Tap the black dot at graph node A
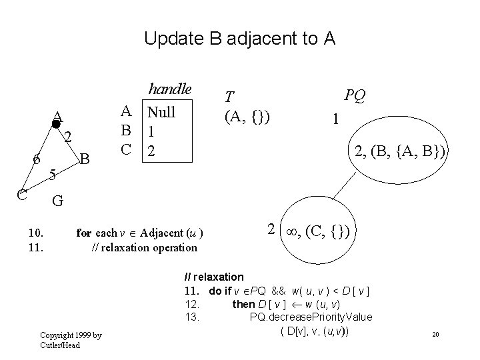point(57,123)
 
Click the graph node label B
point(84,159)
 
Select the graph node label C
point(22,194)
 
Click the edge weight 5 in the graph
point(53,175)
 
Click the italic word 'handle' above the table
point(169,89)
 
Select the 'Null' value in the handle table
point(161,111)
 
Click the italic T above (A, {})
point(229,97)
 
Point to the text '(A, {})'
point(247,117)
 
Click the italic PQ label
point(355,97)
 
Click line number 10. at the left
point(36,233)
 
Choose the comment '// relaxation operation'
point(144,247)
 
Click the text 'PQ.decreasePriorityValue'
point(311,317)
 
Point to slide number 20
point(435,333)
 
